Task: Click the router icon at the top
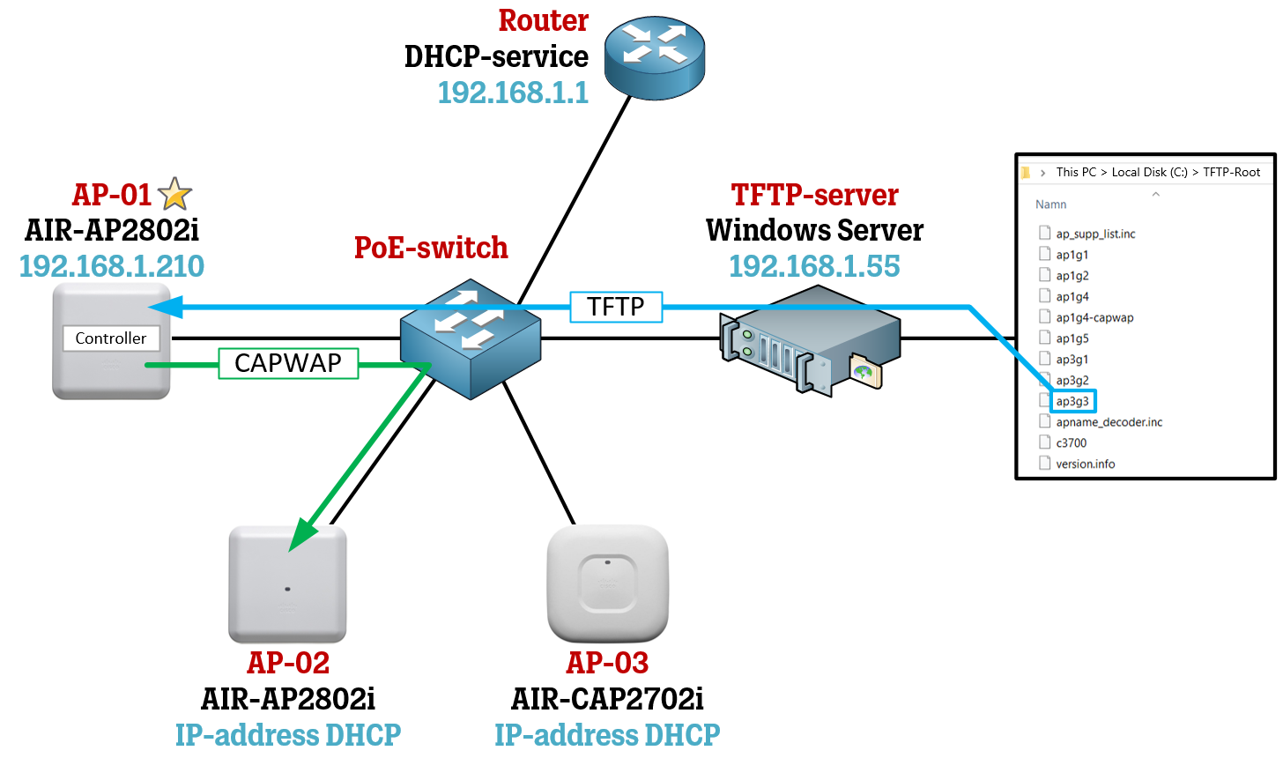654,59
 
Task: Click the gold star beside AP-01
174,195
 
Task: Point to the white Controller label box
111,338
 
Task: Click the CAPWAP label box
288,363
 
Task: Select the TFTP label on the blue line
616,307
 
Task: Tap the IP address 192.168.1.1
513,93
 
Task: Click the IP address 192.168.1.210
112,266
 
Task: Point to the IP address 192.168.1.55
814,266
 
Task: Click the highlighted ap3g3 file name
1072,401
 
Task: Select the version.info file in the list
1085,464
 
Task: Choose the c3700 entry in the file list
1071,442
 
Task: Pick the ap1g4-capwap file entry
1094,317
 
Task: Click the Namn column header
1050,204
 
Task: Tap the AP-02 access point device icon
287,585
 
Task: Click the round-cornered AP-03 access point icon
607,583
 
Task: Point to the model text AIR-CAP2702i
607,699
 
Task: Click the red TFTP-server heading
814,195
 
